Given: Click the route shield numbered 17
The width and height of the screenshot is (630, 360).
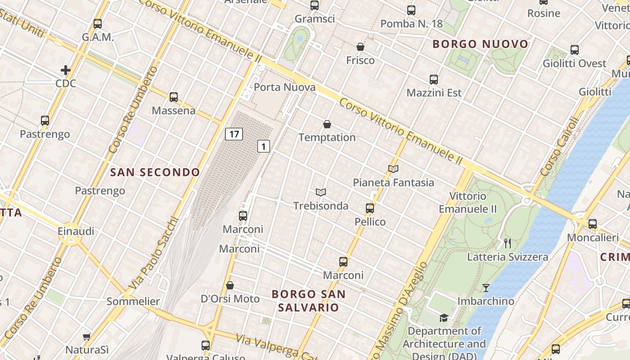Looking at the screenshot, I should [x=234, y=134].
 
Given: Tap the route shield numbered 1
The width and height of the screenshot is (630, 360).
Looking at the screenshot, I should [x=264, y=146].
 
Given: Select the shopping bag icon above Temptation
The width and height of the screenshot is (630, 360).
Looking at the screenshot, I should [x=327, y=124].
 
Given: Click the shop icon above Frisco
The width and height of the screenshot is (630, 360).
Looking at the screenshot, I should [x=360, y=47].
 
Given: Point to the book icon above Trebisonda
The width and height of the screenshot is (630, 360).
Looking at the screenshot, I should [x=321, y=193].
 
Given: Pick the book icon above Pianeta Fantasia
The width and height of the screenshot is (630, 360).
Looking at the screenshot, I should [x=393, y=169].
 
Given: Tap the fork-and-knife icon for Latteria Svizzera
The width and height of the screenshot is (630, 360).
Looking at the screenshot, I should [x=508, y=243].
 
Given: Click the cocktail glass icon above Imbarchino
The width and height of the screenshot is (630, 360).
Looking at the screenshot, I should [x=486, y=288].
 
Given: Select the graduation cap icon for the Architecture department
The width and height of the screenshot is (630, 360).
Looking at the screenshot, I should [x=444, y=318].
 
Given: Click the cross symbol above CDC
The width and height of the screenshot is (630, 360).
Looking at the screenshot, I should [x=66, y=70].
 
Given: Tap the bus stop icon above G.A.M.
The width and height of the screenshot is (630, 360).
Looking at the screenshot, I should [x=98, y=24].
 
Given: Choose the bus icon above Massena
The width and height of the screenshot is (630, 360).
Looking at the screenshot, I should [x=174, y=97].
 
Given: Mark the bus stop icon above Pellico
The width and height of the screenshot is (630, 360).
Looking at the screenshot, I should [x=370, y=208].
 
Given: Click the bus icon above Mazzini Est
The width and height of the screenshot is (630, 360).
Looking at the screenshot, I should [x=434, y=80].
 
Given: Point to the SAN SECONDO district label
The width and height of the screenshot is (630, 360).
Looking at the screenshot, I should [x=155, y=172].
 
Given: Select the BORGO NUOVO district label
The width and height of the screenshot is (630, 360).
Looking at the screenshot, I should [x=480, y=44].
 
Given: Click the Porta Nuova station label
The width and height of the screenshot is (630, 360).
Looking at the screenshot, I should [x=284, y=87].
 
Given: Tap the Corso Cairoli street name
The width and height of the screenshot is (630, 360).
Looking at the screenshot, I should [x=558, y=147].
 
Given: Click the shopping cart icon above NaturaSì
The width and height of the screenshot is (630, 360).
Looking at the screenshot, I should [x=87, y=337].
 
